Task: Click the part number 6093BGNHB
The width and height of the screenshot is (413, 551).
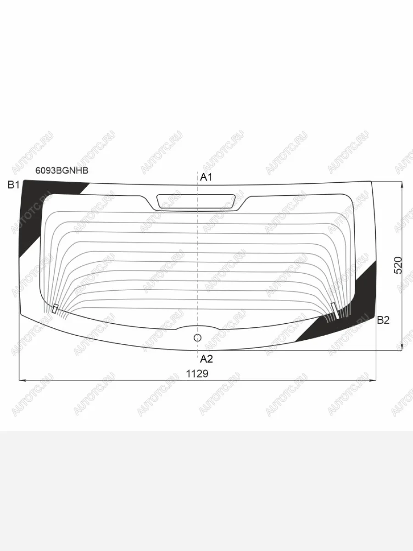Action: [61, 171]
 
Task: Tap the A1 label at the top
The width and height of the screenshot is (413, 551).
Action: [206, 178]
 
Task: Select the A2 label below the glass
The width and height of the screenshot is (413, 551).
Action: [206, 359]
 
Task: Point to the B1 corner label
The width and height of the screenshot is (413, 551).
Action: [14, 185]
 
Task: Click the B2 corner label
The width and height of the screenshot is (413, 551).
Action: [384, 320]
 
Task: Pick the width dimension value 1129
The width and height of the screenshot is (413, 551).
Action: [197, 374]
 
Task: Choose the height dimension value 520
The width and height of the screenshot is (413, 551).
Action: [398, 265]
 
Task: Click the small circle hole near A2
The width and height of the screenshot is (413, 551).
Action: [198, 338]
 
